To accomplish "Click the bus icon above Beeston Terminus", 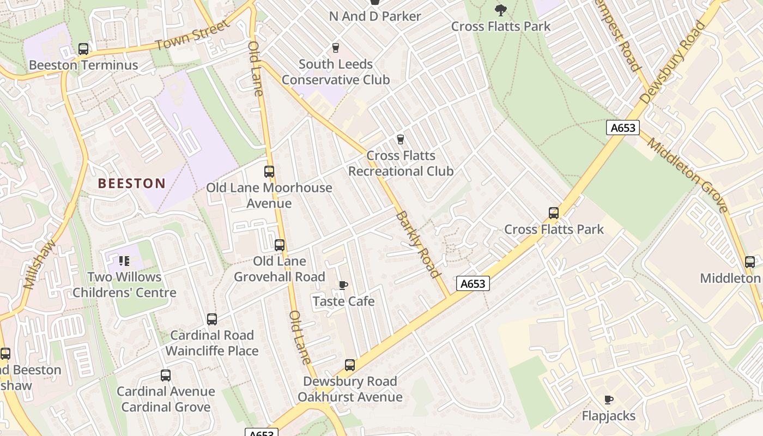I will (83, 49).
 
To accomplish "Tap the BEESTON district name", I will (131, 183).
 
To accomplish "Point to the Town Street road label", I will (192, 36).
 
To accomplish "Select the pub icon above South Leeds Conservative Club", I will (336, 48).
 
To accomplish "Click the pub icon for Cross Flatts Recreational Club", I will (401, 140).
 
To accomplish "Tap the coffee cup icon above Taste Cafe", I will (343, 285).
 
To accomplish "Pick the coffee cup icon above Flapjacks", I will (609, 400).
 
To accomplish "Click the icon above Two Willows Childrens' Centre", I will (124, 261).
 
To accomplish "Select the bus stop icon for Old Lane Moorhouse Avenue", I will (269, 172).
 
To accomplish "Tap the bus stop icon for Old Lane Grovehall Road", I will (280, 245).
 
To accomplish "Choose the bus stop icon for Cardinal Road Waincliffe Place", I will (212, 319).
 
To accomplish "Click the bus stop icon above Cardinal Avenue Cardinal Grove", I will (166, 376).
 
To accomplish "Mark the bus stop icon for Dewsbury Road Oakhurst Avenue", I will (350, 365).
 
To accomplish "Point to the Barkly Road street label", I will (417, 244).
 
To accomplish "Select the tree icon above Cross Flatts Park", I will (500, 10).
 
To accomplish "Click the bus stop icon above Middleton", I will (750, 262).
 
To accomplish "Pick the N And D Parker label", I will (375, 16).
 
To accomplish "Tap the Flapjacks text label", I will (609, 416).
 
